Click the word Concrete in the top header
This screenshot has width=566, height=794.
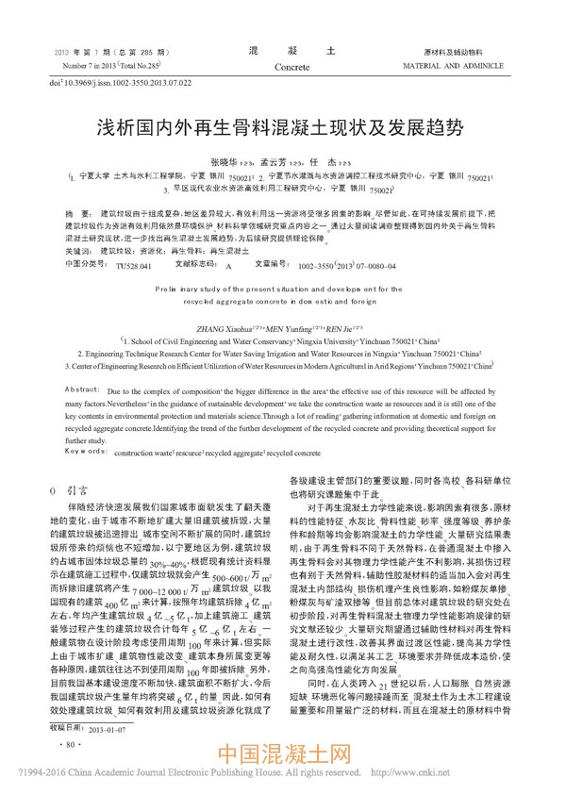tap(285, 69)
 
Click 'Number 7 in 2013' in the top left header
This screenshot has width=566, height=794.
tap(79, 68)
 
